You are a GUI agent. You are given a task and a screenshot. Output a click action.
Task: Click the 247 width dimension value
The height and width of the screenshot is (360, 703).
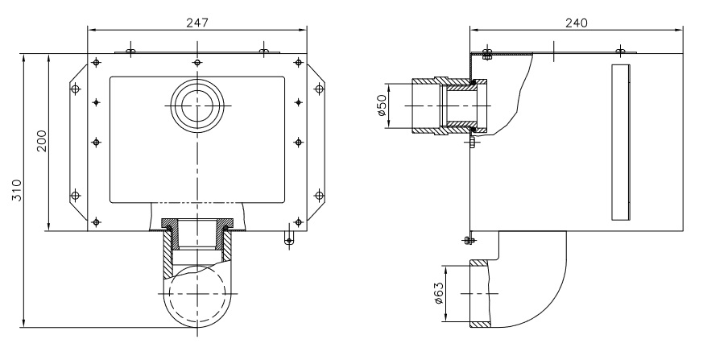pos(197,23)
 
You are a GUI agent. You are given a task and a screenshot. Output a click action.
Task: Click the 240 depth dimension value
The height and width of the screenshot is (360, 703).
pos(576,23)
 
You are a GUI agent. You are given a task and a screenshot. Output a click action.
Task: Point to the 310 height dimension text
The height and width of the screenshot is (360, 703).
pos(18,191)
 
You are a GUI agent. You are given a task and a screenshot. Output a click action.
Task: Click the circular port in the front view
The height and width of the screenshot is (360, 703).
pos(197,106)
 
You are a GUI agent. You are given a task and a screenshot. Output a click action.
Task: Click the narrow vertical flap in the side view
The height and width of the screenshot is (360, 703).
pos(622,140)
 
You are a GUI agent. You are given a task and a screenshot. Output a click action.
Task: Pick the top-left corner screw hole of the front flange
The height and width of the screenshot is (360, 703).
pos(97,63)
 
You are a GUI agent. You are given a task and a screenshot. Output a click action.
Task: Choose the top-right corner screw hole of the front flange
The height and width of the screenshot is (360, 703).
pos(299,63)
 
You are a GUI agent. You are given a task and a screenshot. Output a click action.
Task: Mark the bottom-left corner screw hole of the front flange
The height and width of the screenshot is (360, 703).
pos(97,221)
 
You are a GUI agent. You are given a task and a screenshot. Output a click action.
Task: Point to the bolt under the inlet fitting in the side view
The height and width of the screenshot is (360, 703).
pos(473,142)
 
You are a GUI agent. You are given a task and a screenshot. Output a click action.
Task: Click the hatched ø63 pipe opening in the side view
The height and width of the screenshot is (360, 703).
pos(479,294)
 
